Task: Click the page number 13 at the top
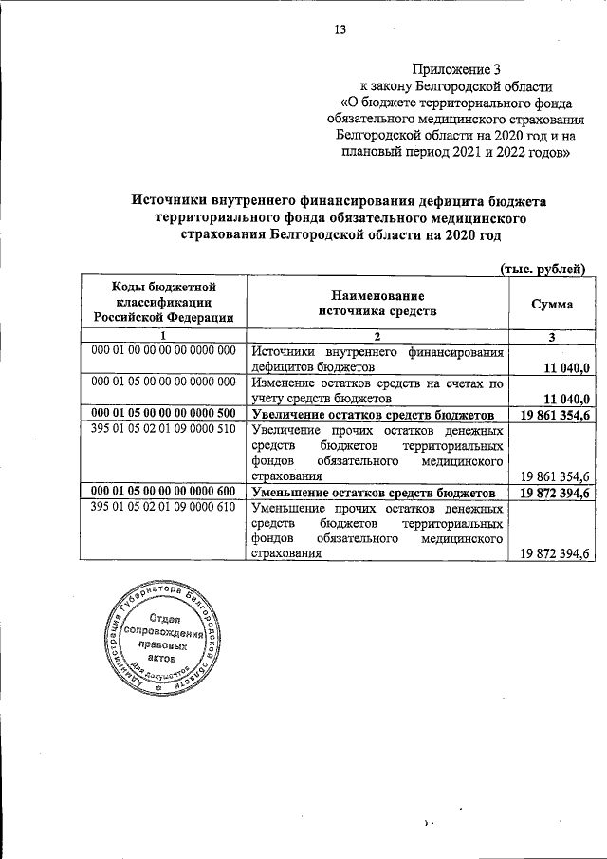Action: click(340, 29)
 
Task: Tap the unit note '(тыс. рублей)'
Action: click(543, 270)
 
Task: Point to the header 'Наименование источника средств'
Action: click(377, 304)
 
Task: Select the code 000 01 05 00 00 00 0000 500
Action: click(162, 415)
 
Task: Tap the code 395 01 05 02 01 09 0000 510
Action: click(162, 430)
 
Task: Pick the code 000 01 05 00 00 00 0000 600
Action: click(162, 494)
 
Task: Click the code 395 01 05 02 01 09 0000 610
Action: click(162, 509)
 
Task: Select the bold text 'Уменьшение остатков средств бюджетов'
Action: click(373, 495)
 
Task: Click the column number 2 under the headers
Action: click(377, 337)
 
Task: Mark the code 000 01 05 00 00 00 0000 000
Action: click(162, 383)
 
